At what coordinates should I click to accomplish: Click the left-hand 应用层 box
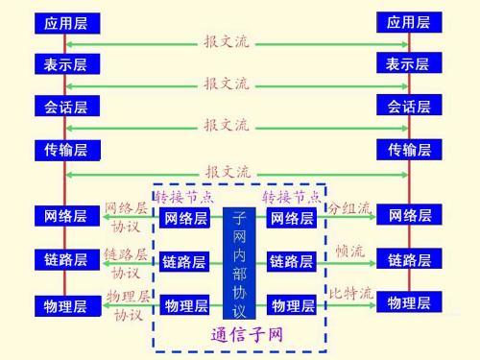point(65,22)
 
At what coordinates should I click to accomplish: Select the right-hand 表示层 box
point(408,64)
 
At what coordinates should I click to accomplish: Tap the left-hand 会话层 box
point(65,107)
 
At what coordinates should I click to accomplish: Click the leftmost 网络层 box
point(65,216)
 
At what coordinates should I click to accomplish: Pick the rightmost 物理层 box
point(408,303)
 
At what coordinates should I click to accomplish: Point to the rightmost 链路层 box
point(408,259)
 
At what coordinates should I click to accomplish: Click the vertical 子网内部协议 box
point(238,262)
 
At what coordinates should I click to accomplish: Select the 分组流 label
point(349,208)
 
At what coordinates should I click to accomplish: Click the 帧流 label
point(349,251)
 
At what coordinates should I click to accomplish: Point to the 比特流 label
point(349,294)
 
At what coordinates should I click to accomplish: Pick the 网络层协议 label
point(127,218)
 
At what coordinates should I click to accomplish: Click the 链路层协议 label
point(126,263)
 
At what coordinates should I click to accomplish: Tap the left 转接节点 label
point(184,197)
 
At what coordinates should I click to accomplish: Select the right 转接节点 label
point(292,197)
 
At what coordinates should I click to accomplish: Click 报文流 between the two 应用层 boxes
point(227,41)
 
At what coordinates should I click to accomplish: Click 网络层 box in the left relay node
point(184,219)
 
